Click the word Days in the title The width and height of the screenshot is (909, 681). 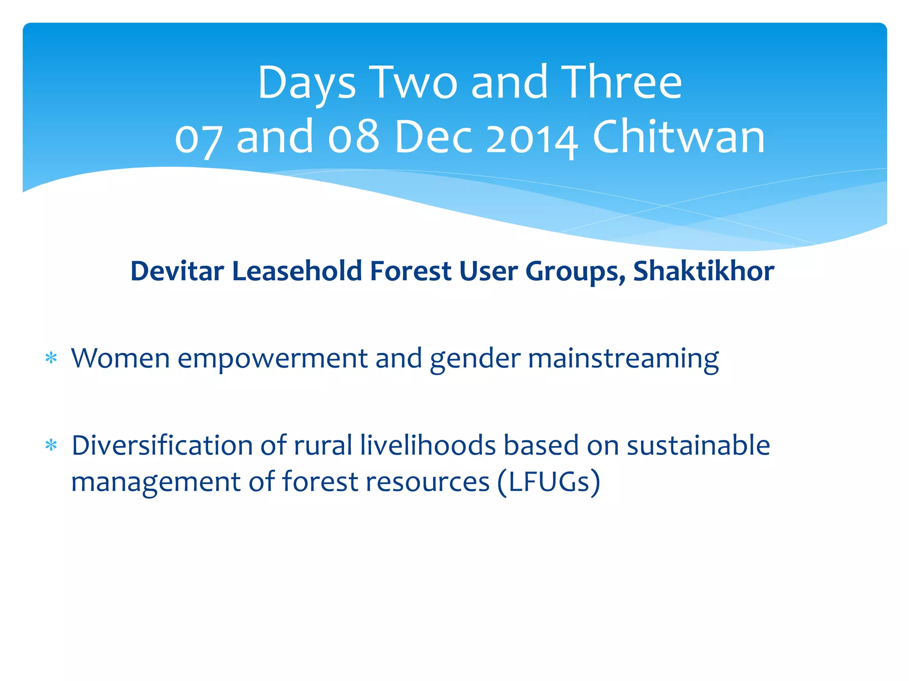click(306, 83)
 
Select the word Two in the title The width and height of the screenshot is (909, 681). click(413, 83)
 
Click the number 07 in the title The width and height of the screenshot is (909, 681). click(197, 137)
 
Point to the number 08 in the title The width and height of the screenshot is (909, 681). click(353, 137)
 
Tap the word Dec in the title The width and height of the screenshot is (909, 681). click(433, 137)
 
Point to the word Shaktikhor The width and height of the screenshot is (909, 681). click(703, 271)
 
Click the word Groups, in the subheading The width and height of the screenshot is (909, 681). click(575, 272)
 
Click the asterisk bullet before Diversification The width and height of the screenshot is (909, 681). click(51, 445)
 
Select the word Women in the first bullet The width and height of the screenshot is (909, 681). click(120, 358)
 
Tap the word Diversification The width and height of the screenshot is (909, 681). click(162, 445)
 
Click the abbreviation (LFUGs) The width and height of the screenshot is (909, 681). click(549, 482)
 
